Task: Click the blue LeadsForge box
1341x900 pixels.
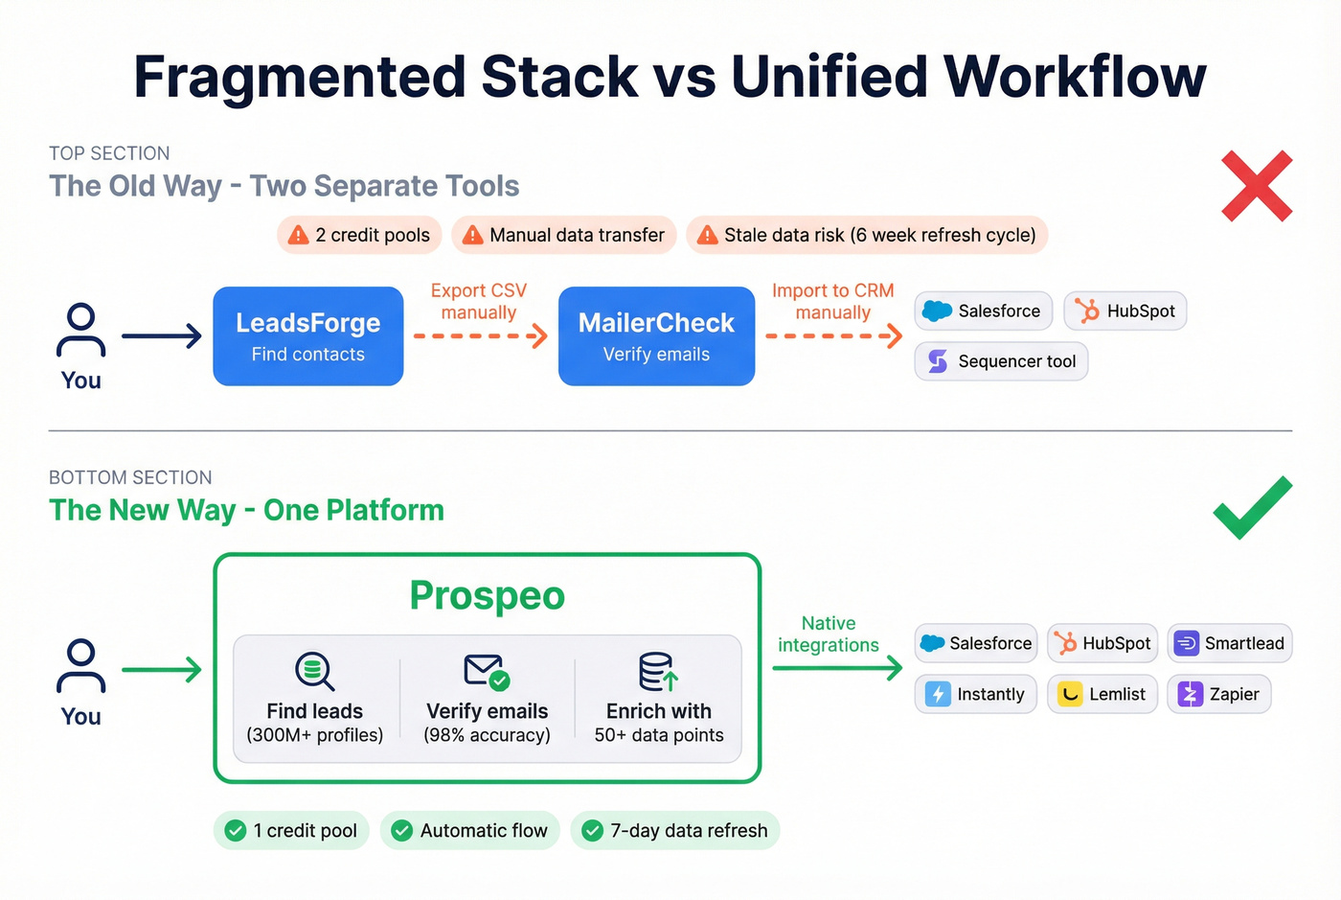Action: pyautogui.click(x=307, y=336)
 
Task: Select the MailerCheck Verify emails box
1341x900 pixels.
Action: pyautogui.click(x=656, y=336)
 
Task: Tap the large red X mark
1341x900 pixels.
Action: pyautogui.click(x=1257, y=186)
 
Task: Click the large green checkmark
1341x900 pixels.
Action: pyautogui.click(x=1252, y=507)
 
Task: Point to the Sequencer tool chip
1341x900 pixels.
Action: pyautogui.click(x=1001, y=361)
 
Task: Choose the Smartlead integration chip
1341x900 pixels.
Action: pyautogui.click(x=1229, y=643)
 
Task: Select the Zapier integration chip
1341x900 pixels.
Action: pyautogui.click(x=1218, y=694)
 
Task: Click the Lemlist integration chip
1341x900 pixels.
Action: pyautogui.click(x=1102, y=694)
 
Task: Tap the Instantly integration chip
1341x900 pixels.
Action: pyautogui.click(x=975, y=694)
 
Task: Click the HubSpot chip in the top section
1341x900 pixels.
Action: pyautogui.click(x=1125, y=312)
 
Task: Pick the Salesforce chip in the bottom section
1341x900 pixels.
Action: pyautogui.click(x=975, y=643)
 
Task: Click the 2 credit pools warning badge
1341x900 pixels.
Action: pyautogui.click(x=359, y=235)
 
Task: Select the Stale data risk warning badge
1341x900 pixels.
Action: pyautogui.click(x=866, y=235)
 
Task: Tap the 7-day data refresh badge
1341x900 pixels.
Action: pyautogui.click(x=674, y=830)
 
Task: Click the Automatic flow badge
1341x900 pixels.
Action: pyautogui.click(x=469, y=830)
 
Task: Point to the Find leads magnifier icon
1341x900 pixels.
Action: pyautogui.click(x=314, y=671)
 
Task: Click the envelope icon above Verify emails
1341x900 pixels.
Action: pyautogui.click(x=486, y=671)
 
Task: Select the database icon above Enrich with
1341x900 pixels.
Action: pyautogui.click(x=658, y=671)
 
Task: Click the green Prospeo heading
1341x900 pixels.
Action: pyautogui.click(x=487, y=595)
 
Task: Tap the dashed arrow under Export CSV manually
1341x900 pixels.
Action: pyautogui.click(x=479, y=336)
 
